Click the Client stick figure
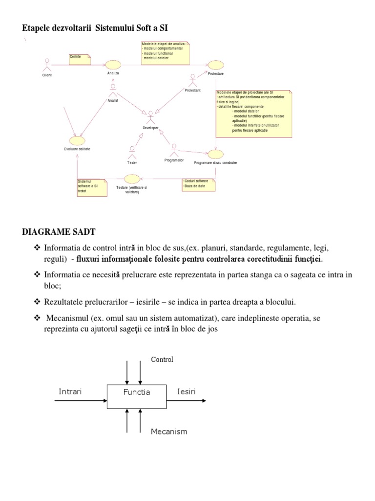click(47, 65)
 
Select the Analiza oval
click(113, 65)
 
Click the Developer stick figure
click(150, 117)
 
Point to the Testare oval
click(132, 179)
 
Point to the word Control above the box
click(162, 360)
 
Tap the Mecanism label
click(169, 432)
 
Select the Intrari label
click(70, 392)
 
